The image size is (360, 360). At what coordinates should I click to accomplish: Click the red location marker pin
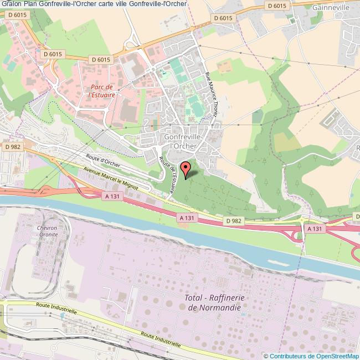[186, 168]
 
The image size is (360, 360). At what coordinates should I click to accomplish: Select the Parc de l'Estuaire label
[102, 91]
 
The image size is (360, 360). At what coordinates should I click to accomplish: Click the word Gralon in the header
[11, 4]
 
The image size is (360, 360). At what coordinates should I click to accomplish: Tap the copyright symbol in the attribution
[266, 356]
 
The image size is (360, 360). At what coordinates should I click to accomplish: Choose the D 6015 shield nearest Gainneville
[276, 6]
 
